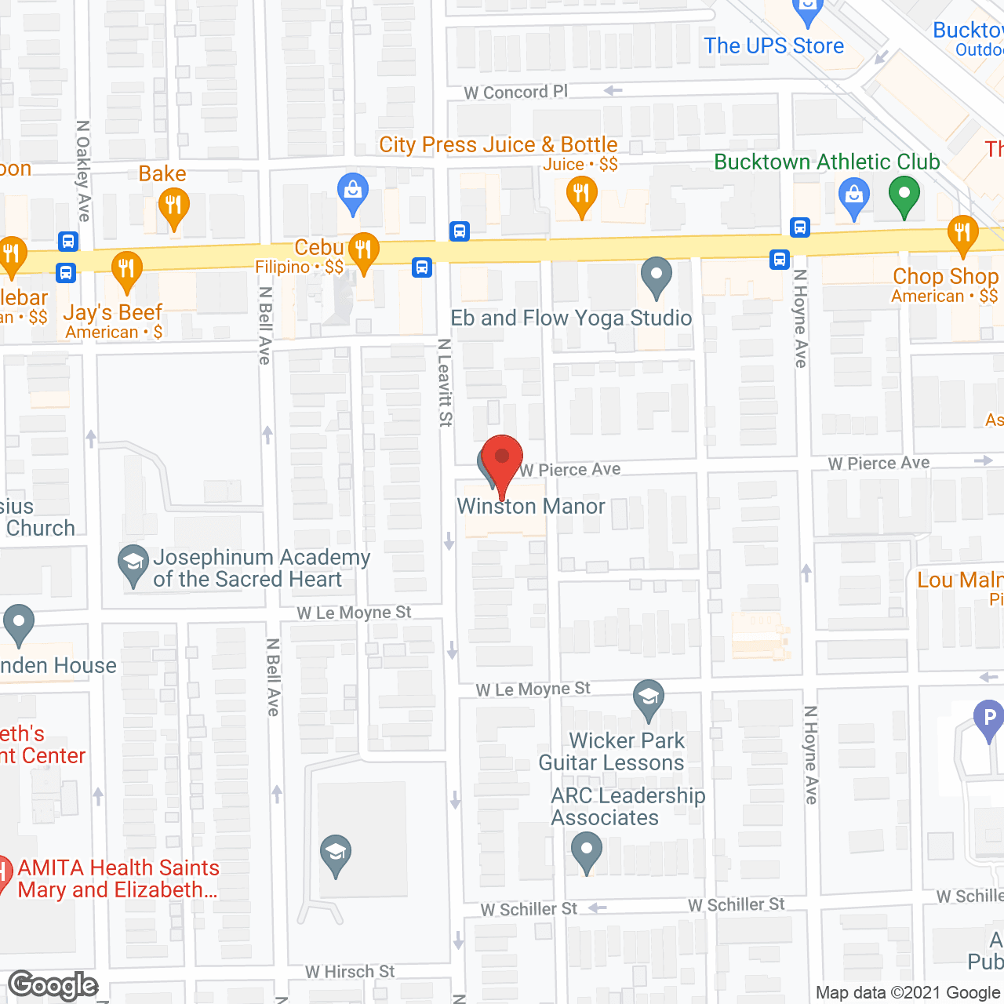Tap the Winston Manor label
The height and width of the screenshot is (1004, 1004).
pyautogui.click(x=531, y=507)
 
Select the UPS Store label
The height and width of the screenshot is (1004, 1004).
pyautogui.click(x=773, y=46)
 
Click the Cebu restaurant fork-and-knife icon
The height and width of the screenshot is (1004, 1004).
pyautogui.click(x=363, y=251)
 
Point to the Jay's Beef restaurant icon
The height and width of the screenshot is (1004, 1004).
pyautogui.click(x=126, y=269)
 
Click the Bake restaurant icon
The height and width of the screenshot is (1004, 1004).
pyautogui.click(x=173, y=207)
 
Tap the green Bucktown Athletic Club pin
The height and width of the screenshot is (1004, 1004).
pyautogui.click(x=904, y=195)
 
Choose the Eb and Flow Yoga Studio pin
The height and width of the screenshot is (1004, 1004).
pyautogui.click(x=657, y=276)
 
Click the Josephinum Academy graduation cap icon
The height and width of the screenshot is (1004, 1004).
pyautogui.click(x=133, y=563)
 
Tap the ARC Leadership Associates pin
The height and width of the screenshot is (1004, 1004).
pyautogui.click(x=586, y=850)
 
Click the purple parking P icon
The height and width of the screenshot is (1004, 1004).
pyautogui.click(x=988, y=718)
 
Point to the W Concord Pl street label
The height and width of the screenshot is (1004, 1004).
pyautogui.click(x=515, y=93)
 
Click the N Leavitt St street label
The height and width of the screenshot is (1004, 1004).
pyautogui.click(x=445, y=383)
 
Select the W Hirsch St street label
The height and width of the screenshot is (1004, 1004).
pyautogui.click(x=350, y=972)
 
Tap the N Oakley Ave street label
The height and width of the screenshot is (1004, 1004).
pyautogui.click(x=83, y=170)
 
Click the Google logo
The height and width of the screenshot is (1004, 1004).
pyautogui.click(x=53, y=985)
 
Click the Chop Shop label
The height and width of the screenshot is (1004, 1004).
pyautogui.click(x=945, y=277)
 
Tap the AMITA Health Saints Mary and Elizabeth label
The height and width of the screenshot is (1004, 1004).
pyautogui.click(x=118, y=878)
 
